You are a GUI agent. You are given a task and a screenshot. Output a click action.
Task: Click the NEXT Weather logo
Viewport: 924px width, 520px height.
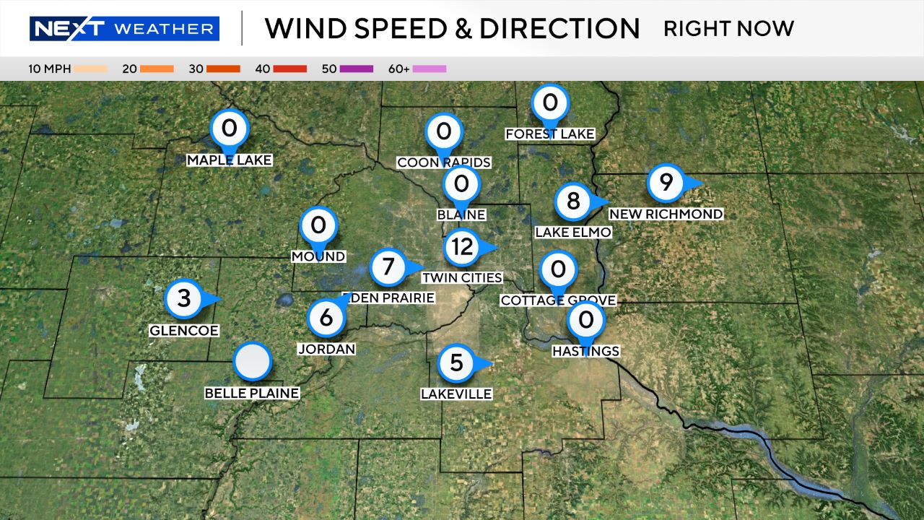click(x=124, y=29)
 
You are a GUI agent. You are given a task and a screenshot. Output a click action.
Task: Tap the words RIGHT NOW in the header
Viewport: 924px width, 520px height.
click(x=728, y=29)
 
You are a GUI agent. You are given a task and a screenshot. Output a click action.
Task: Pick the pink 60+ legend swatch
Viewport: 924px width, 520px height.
click(x=430, y=69)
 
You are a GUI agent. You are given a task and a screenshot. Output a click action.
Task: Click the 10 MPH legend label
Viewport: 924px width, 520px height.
click(x=48, y=69)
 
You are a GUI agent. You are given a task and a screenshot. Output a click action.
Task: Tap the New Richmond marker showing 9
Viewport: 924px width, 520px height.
click(x=666, y=183)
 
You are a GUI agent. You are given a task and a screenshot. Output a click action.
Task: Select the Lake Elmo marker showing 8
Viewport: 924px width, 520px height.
click(x=573, y=201)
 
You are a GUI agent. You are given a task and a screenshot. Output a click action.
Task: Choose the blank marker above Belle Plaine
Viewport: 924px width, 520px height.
click(x=253, y=361)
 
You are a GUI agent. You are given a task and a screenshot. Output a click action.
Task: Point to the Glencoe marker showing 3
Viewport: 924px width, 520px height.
click(x=184, y=298)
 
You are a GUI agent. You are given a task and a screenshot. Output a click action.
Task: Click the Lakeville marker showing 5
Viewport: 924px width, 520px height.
click(x=456, y=362)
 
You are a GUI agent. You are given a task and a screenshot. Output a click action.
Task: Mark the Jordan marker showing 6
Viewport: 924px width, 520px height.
click(x=326, y=317)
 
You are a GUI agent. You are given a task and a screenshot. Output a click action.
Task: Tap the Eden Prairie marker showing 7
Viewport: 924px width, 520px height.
click(x=388, y=267)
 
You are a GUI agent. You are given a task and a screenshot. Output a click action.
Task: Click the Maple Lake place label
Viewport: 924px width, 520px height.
click(x=230, y=160)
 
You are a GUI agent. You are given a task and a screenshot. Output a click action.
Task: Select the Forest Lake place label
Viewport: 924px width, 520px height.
click(x=550, y=134)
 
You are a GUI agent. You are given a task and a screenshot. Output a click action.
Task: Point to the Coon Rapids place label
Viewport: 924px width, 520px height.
click(x=444, y=162)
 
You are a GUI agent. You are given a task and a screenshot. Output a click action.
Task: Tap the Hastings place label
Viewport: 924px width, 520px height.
click(x=585, y=351)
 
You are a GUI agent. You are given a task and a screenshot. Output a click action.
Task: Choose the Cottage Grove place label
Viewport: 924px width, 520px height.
click(x=558, y=300)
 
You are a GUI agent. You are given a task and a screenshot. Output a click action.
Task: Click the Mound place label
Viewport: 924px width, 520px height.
click(x=318, y=256)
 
